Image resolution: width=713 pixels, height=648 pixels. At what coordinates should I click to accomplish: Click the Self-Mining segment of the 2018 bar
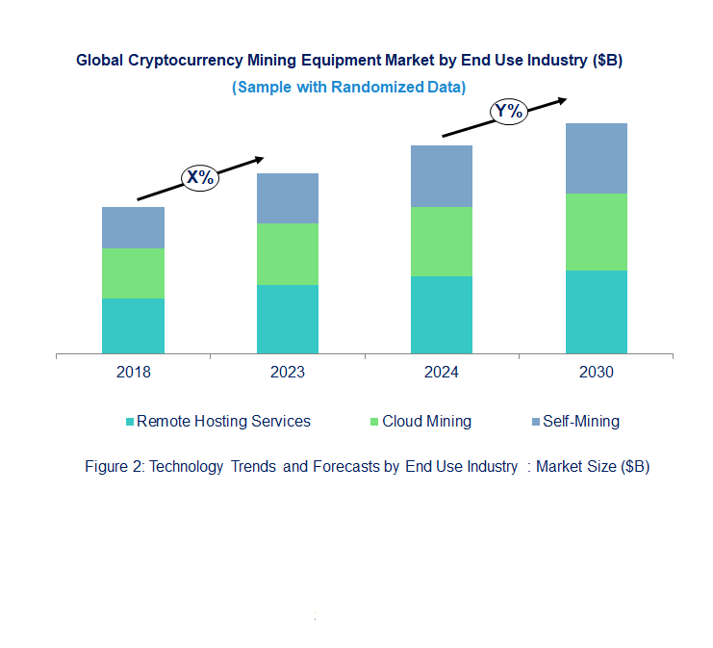(133, 227)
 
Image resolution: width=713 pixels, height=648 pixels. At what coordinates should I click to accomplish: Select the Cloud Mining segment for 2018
(133, 273)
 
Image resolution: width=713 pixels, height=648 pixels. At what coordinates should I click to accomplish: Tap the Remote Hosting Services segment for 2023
(288, 319)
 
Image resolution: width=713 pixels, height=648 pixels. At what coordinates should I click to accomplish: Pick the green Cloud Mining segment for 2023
(288, 254)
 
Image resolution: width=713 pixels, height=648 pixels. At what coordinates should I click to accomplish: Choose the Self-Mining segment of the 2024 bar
(442, 176)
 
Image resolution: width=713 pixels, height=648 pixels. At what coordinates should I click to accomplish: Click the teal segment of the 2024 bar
(442, 315)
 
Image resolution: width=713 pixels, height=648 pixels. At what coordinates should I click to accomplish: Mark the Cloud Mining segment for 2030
(596, 232)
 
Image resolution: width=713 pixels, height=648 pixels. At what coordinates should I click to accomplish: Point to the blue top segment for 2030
(596, 158)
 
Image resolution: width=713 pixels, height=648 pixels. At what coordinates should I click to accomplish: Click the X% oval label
(201, 177)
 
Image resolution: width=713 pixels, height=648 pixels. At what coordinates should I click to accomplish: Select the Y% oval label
(509, 111)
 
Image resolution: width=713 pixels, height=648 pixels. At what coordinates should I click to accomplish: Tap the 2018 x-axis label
(133, 373)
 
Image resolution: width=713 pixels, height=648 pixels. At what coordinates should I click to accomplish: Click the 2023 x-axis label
(288, 373)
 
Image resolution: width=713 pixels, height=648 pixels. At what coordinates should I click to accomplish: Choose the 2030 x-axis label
(596, 373)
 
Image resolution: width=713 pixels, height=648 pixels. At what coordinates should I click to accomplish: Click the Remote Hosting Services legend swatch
(130, 422)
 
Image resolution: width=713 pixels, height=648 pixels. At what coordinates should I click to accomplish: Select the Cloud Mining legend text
(426, 421)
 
